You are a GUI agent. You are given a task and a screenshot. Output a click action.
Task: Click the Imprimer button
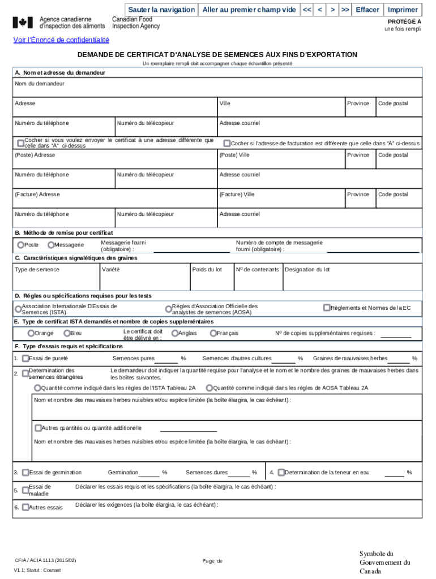coord(403,10)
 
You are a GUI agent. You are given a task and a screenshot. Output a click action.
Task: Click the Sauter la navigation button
coord(161,10)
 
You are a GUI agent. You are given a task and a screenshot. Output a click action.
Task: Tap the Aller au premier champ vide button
coord(249,10)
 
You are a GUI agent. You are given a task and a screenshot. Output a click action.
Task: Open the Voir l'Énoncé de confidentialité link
coord(61,40)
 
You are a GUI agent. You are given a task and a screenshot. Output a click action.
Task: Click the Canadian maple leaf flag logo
coord(23,23)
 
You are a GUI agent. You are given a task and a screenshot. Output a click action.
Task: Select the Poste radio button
coord(21,245)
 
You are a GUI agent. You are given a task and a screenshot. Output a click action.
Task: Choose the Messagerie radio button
coord(51,245)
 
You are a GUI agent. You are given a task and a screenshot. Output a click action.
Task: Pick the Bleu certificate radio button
coord(67,334)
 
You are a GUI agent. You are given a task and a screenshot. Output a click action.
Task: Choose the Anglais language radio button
coord(175,334)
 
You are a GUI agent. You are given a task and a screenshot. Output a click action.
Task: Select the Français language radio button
coord(213,334)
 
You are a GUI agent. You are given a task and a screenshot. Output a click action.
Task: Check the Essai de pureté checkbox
coord(25,358)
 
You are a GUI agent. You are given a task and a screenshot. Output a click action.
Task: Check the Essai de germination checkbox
coord(25,472)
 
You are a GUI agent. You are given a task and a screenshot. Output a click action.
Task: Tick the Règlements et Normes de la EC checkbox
coord(327,308)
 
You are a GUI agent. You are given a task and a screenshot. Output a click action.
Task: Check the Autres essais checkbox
coord(25,507)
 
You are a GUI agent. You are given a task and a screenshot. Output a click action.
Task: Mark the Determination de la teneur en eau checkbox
coord(281,472)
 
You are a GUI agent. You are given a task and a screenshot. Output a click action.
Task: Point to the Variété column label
coord(110,270)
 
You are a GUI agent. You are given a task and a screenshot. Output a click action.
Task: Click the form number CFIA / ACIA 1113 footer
coord(45,560)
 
